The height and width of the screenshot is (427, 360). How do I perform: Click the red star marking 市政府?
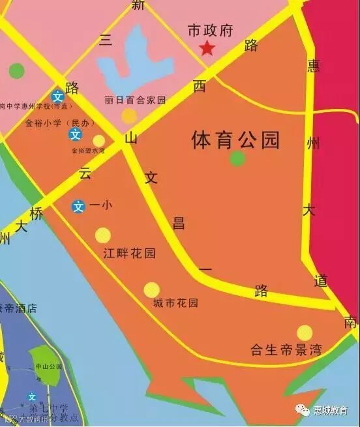207,48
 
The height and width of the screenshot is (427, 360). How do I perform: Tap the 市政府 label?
210,31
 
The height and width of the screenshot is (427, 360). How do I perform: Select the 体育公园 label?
235,140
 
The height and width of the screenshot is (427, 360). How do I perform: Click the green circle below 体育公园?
237,158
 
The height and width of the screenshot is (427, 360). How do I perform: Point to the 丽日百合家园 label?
136,100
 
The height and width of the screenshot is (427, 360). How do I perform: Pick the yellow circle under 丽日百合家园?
129,116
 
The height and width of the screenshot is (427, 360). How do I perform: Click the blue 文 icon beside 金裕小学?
76,135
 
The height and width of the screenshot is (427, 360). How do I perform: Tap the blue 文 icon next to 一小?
78,207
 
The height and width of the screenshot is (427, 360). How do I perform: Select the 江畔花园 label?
129,253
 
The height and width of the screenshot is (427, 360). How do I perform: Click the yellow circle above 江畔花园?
103,235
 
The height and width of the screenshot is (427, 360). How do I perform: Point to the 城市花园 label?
175,303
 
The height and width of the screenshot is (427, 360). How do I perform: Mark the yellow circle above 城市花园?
151,289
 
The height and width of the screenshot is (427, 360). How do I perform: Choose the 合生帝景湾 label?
286,349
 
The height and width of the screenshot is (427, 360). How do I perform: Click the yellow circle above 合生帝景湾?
305,332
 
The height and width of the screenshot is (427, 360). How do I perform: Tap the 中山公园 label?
48,366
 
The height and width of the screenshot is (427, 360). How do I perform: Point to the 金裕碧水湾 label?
88,150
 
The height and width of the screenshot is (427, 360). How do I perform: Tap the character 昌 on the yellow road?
179,223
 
